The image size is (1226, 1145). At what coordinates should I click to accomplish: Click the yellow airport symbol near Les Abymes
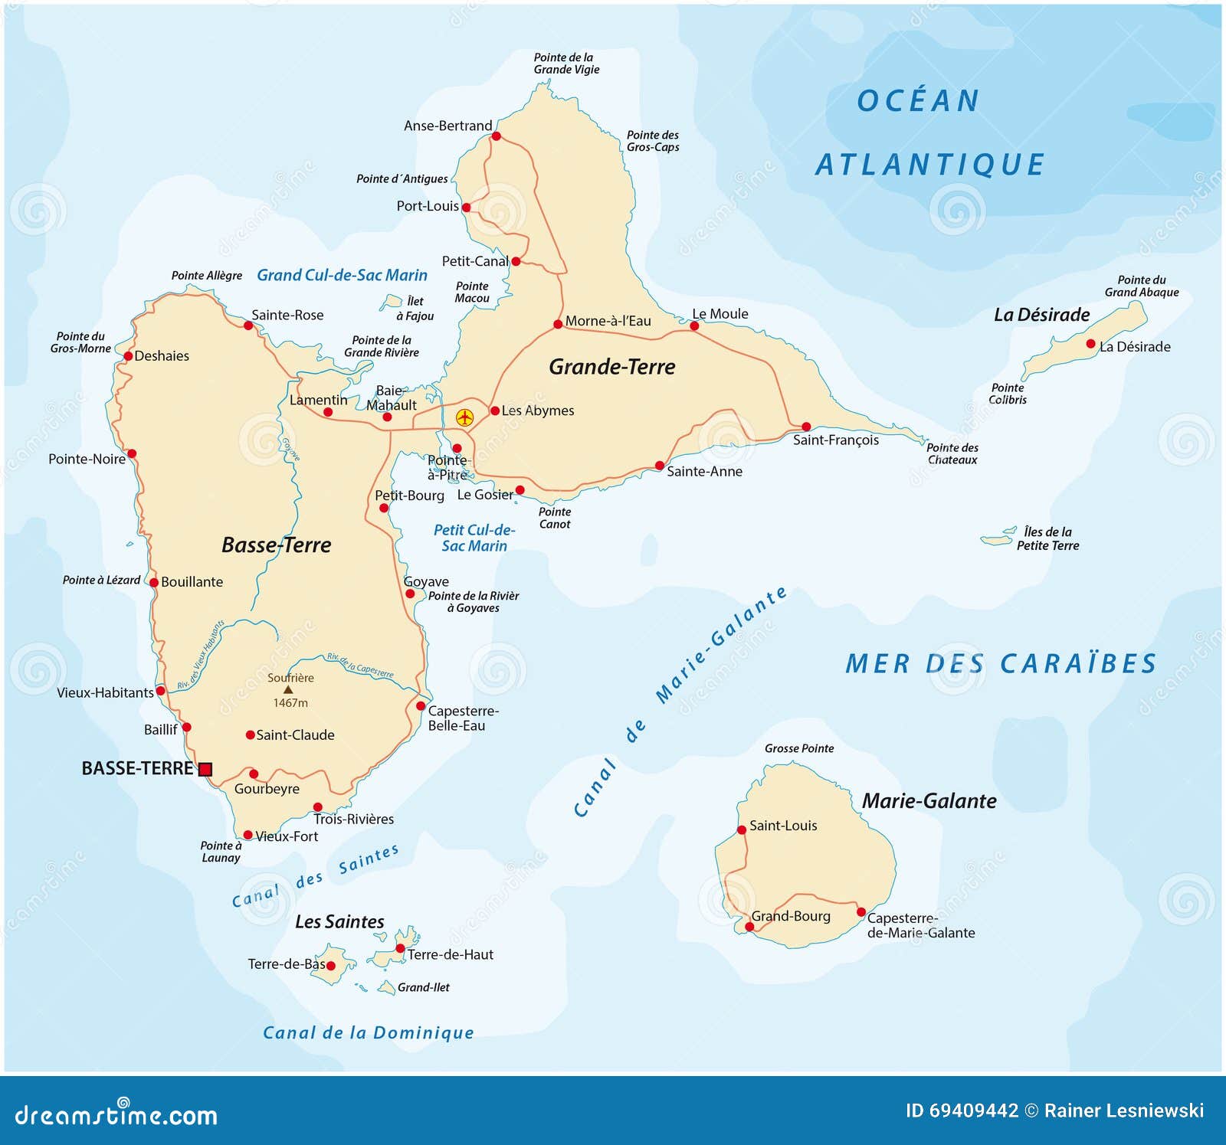(x=464, y=417)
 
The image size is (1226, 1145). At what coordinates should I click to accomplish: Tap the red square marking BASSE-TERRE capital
(x=205, y=769)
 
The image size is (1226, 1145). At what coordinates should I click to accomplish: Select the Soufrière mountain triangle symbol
(x=288, y=690)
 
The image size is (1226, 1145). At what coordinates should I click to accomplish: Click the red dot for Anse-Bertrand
(x=496, y=136)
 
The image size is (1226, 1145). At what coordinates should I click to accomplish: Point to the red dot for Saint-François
(x=806, y=427)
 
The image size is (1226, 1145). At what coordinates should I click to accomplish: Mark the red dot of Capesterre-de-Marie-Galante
(x=861, y=912)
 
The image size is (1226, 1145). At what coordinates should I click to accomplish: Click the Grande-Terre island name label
(x=611, y=367)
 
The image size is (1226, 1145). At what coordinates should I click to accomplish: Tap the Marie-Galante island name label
(x=929, y=801)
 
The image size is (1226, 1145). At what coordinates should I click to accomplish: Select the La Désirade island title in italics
(x=1041, y=315)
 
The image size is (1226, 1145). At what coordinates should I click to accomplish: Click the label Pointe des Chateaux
(x=952, y=453)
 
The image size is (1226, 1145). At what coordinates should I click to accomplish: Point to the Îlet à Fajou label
(x=415, y=309)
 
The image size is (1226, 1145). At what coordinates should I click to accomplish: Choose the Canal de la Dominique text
(x=368, y=1032)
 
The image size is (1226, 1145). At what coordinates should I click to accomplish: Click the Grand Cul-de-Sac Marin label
(x=342, y=275)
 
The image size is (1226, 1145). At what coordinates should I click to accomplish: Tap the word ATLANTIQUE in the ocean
(x=929, y=165)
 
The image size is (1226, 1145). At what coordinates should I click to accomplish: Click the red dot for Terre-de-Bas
(x=331, y=966)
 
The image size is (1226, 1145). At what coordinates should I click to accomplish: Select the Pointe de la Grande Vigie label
(x=566, y=64)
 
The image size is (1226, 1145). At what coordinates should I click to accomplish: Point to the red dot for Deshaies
(x=128, y=356)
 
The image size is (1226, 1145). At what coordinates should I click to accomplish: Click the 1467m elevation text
(x=290, y=703)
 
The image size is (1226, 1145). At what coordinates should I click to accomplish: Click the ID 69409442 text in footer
(x=962, y=1111)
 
